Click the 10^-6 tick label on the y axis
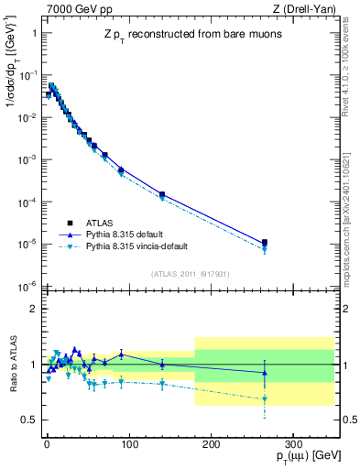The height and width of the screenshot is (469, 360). (x=27, y=287)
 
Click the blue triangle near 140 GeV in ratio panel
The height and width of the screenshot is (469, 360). (x=162, y=364)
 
